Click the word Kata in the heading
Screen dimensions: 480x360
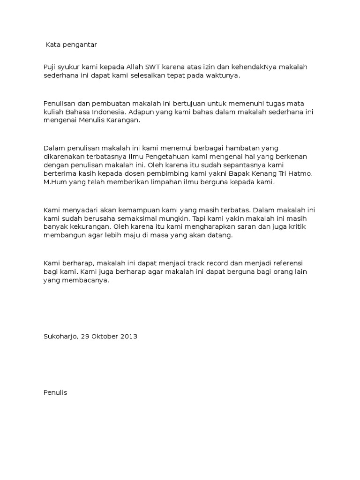(x=52, y=45)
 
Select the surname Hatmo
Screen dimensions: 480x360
(x=300, y=173)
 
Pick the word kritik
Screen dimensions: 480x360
(x=301, y=227)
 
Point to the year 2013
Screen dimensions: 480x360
(x=129, y=337)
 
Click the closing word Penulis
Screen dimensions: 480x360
(x=55, y=393)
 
